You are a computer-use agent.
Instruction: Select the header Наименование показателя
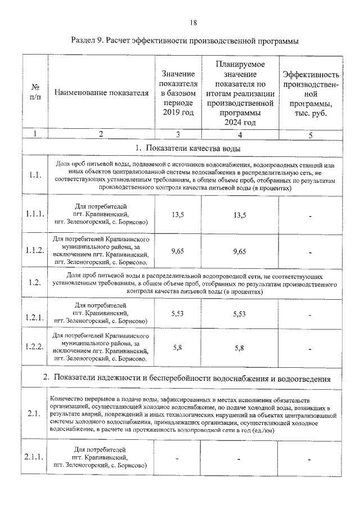coord(101,93)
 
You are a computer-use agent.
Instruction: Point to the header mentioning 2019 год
coord(178,93)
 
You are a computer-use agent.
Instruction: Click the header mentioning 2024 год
coord(240,93)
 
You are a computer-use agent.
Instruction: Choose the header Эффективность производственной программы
coord(310,93)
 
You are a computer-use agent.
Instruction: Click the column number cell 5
coord(310,134)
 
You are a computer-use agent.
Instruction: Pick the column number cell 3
coord(178,134)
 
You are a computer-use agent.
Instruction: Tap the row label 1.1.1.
coord(35,214)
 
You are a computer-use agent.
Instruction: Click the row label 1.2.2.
coord(35,346)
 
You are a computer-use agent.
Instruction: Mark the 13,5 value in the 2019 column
coord(178,214)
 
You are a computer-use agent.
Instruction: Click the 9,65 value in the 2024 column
coord(240,251)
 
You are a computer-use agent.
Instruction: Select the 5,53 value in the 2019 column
coord(178,313)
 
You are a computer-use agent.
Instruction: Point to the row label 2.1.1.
coord(35,457)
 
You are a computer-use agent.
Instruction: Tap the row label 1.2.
coord(35,283)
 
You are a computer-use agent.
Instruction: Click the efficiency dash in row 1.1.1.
coord(310,215)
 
